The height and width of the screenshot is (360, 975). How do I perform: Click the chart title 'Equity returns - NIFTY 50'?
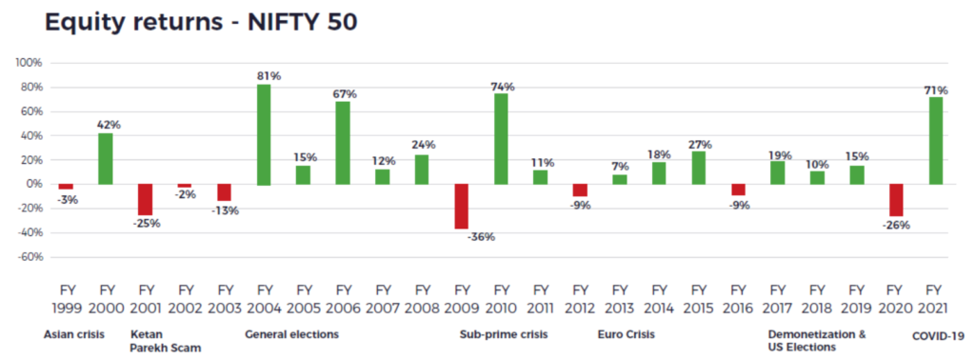pos(200,22)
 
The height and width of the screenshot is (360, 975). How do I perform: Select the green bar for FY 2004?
pos(264,135)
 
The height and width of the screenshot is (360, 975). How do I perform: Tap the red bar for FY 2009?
pos(462,207)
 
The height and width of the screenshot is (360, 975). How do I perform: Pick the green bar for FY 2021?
pos(935,141)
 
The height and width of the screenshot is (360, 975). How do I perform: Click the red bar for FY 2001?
pos(146,200)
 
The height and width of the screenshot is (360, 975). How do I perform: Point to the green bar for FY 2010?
pos(501,139)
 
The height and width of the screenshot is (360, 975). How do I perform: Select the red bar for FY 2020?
pos(896,200)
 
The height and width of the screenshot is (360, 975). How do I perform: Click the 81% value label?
pos(269,76)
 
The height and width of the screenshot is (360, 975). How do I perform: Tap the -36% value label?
pos(481,237)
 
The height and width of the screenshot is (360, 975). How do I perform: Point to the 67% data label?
pos(344,94)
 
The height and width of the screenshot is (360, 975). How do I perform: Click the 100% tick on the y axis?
pos(30,63)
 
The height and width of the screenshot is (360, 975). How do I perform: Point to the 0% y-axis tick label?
pos(35,184)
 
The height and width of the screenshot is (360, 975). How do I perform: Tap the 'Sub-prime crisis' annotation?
pos(504,334)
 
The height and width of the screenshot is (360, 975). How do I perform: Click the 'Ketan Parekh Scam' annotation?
pos(166,341)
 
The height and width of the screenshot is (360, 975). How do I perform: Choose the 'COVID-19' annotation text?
pos(938,336)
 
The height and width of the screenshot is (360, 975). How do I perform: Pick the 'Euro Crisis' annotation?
pos(627,334)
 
